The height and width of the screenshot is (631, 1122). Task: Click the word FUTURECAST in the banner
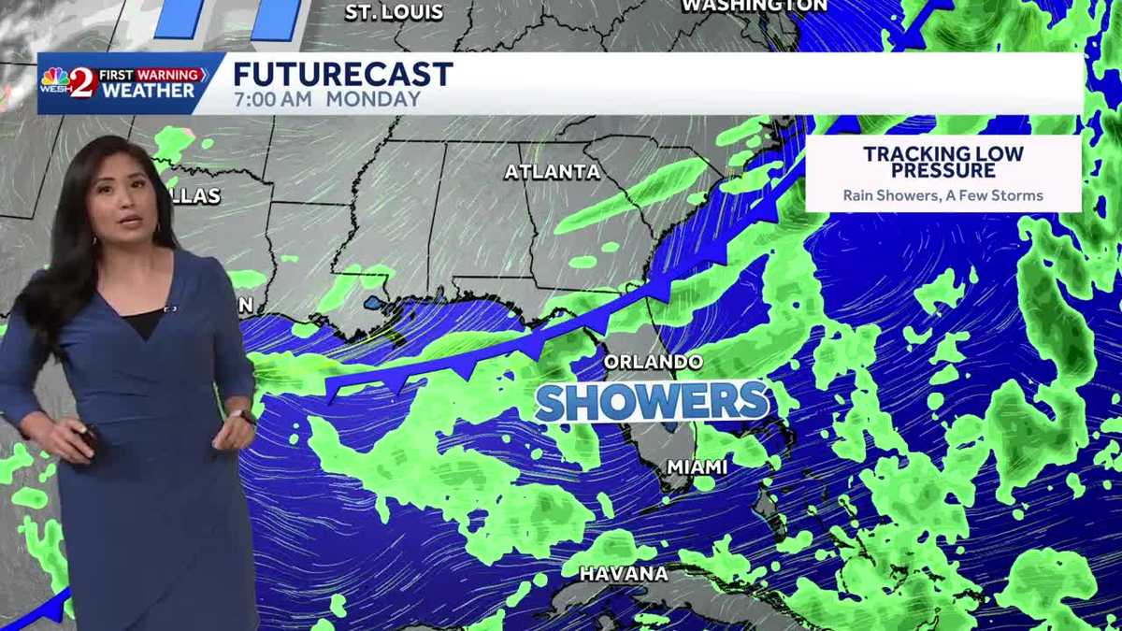coord(342,74)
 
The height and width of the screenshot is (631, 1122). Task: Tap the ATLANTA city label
coord(552,172)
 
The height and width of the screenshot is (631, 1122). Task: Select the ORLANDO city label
coord(653,361)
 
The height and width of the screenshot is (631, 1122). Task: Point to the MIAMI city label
coord(697,466)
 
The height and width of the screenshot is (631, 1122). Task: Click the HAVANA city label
coord(624,573)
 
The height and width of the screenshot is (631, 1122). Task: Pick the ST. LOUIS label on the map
coord(394,12)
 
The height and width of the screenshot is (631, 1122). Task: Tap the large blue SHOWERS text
coord(652,402)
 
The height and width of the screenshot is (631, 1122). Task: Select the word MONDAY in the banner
coord(374,99)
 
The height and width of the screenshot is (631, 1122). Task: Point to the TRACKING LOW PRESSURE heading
coord(942,162)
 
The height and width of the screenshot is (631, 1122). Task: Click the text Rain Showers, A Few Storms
coord(942,196)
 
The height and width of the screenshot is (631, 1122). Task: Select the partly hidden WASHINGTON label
coord(754,6)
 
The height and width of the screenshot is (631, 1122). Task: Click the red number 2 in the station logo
coord(83,83)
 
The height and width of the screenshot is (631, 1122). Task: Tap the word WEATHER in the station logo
coord(149,91)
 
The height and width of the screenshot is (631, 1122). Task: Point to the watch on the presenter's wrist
coord(242,417)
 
